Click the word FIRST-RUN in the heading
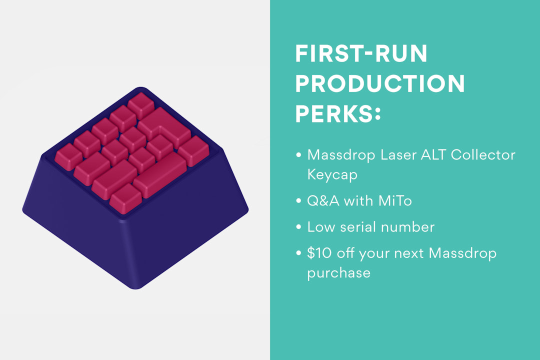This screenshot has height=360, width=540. tap(361, 53)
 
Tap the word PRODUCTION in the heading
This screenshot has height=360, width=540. tap(380, 84)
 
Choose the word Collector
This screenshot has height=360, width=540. tap(483, 154)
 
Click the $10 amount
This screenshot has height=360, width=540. tap(318, 253)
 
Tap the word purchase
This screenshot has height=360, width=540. tap(338, 273)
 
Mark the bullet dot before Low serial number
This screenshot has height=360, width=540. tap(298, 227)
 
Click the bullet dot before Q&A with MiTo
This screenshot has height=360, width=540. tap(298, 201)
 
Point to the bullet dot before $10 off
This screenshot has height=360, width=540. tap(298, 253)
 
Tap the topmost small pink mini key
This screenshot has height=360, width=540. tap(140, 103)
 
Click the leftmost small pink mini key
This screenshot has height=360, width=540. tap(68, 156)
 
